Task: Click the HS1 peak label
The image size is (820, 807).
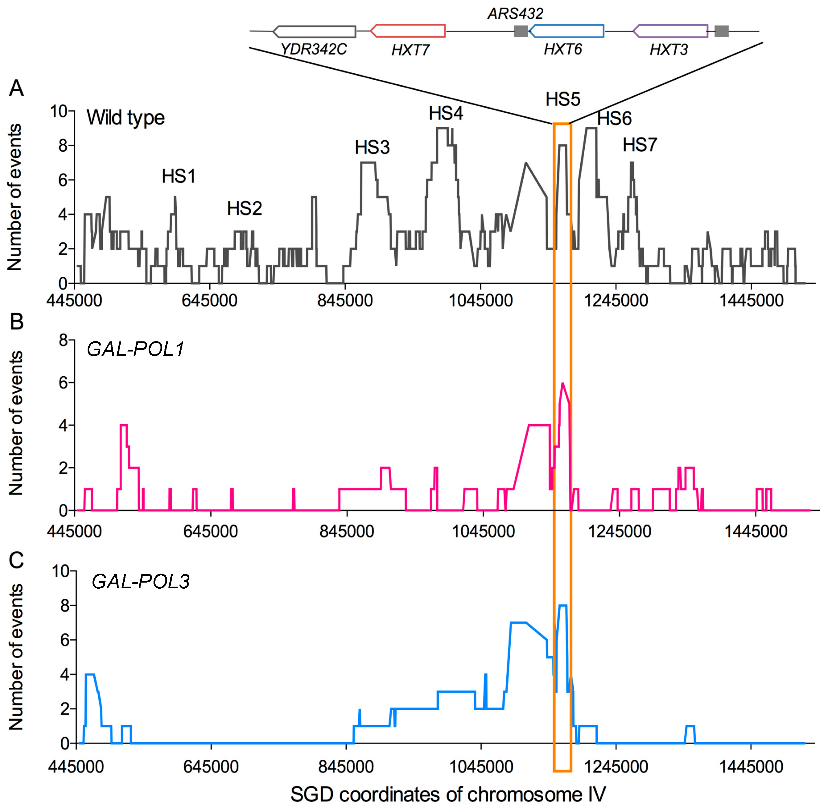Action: pyautogui.click(x=179, y=176)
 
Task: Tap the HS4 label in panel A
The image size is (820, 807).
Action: pyautogui.click(x=446, y=113)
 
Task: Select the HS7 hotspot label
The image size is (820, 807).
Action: pyautogui.click(x=640, y=145)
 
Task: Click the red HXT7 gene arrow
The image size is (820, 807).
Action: pyautogui.click(x=408, y=31)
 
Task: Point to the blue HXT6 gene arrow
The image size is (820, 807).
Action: pyautogui.click(x=566, y=31)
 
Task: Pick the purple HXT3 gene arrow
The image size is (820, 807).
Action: pyautogui.click(x=670, y=31)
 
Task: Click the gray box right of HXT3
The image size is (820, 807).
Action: pyautogui.click(x=722, y=31)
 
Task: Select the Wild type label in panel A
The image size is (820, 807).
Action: pyautogui.click(x=125, y=117)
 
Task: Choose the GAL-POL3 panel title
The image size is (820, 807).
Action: pyautogui.click(x=141, y=581)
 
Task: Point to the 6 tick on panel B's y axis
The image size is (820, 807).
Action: pyautogui.click(x=64, y=383)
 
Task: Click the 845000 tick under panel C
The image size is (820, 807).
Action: pyautogui.click(x=347, y=766)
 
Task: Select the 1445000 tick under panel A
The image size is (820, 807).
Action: pyautogui.click(x=751, y=300)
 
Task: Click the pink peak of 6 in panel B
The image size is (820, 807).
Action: pyautogui.click(x=562, y=384)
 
